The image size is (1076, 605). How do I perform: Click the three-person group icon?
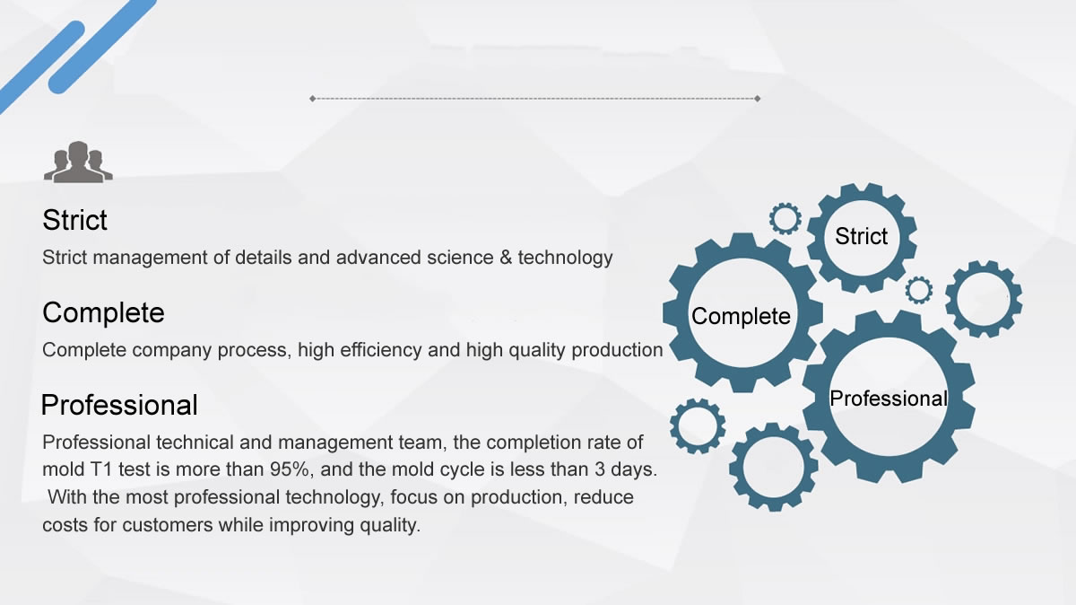[x=78, y=162]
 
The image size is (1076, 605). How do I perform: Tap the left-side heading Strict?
[x=75, y=220]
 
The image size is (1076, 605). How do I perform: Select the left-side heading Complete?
[x=103, y=312]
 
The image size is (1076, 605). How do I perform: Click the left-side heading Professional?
[x=119, y=405]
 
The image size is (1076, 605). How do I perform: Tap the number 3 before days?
[x=599, y=469]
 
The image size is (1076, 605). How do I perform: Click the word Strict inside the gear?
[x=862, y=236]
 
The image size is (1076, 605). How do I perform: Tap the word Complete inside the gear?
[x=741, y=317]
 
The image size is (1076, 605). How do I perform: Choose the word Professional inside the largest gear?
[x=889, y=399]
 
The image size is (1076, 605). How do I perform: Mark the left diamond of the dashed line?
[x=313, y=99]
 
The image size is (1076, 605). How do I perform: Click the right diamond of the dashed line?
[x=758, y=99]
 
